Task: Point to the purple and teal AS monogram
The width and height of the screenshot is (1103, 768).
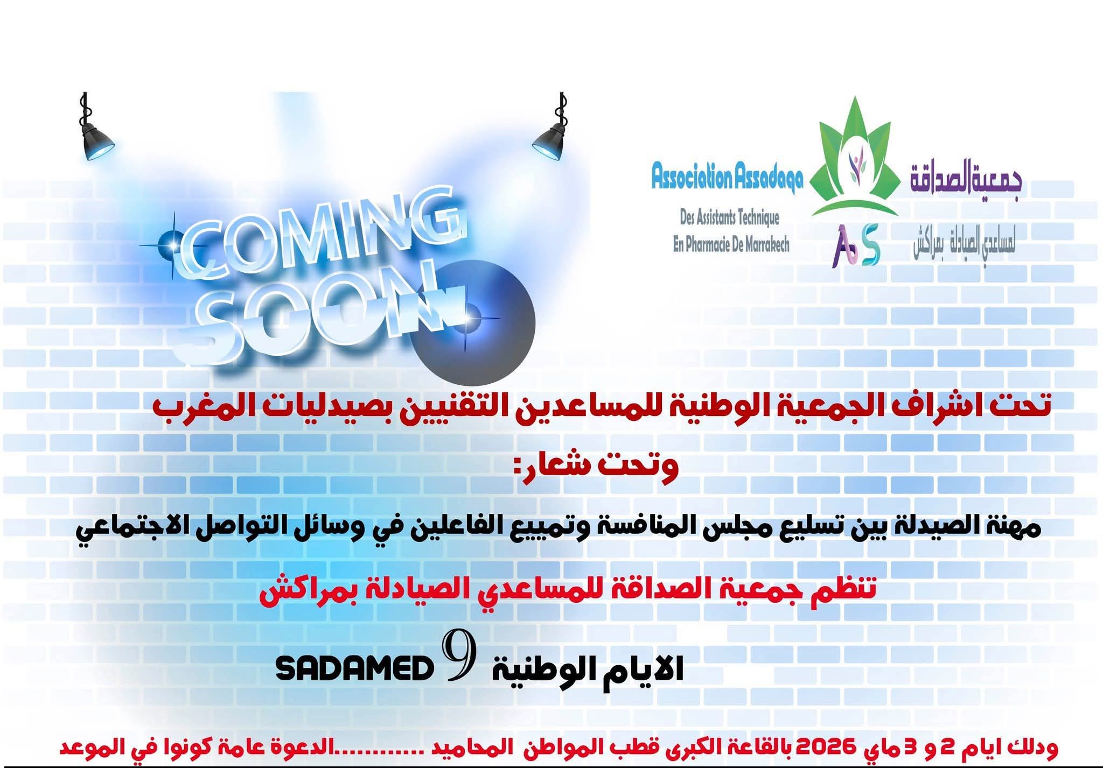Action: pos(855,245)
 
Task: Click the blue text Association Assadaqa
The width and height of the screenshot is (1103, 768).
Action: pos(727,178)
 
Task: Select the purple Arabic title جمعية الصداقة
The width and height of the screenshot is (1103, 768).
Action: pos(965,180)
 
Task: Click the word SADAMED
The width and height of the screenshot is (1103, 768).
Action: pos(355,670)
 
